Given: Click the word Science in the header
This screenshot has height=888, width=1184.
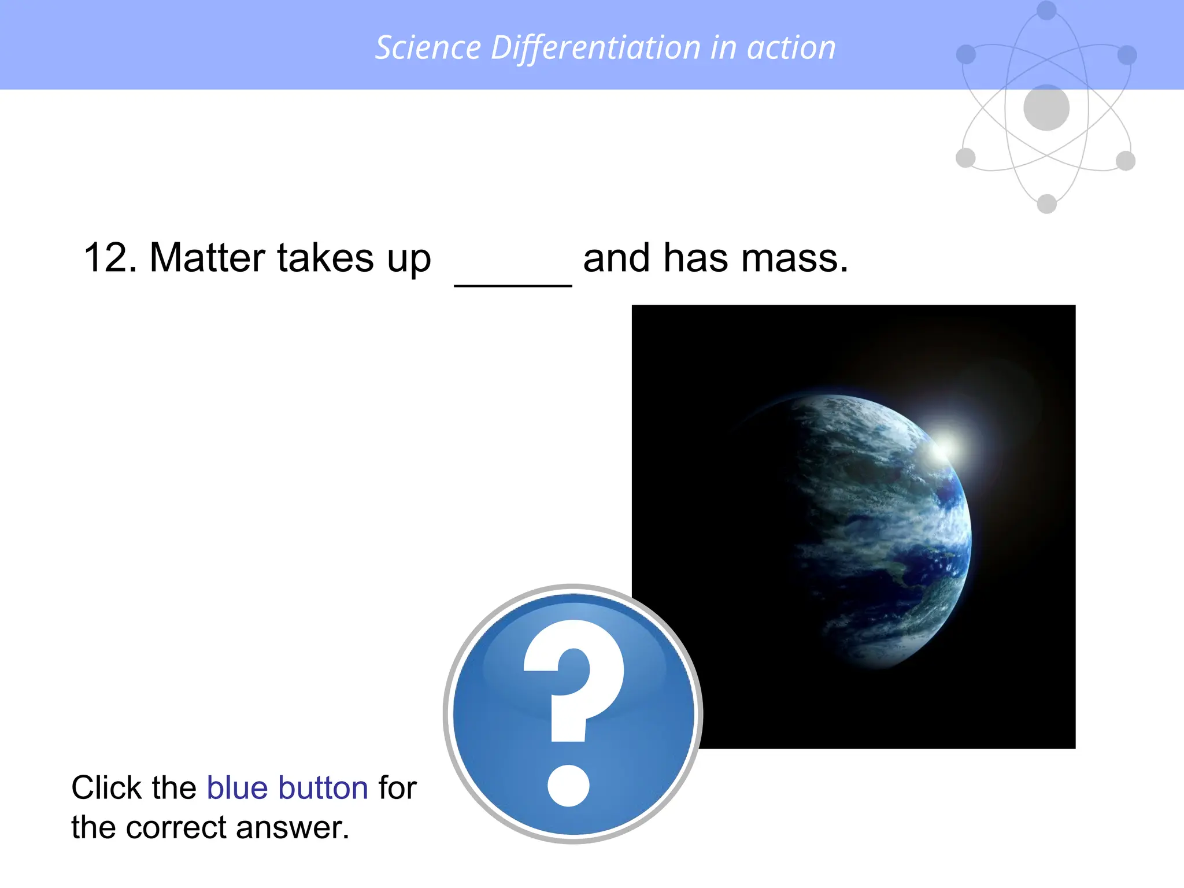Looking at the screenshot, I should tap(428, 47).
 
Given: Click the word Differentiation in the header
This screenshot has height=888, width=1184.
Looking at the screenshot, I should tap(595, 47).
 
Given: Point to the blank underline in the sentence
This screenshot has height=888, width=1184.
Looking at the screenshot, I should tap(513, 283).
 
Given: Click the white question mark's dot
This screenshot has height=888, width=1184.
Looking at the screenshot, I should tap(568, 786).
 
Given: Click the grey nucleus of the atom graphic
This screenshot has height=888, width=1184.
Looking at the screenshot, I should tap(1046, 108).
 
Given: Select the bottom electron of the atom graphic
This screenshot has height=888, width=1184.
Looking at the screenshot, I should tap(1046, 203).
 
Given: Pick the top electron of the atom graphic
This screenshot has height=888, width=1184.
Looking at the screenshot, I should tap(1046, 10).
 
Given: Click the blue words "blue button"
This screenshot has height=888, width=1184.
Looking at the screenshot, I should tap(287, 787).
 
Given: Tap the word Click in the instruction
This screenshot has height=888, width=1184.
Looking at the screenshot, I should tap(104, 787).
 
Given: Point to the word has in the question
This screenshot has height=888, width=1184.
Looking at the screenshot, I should tap(695, 258).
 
